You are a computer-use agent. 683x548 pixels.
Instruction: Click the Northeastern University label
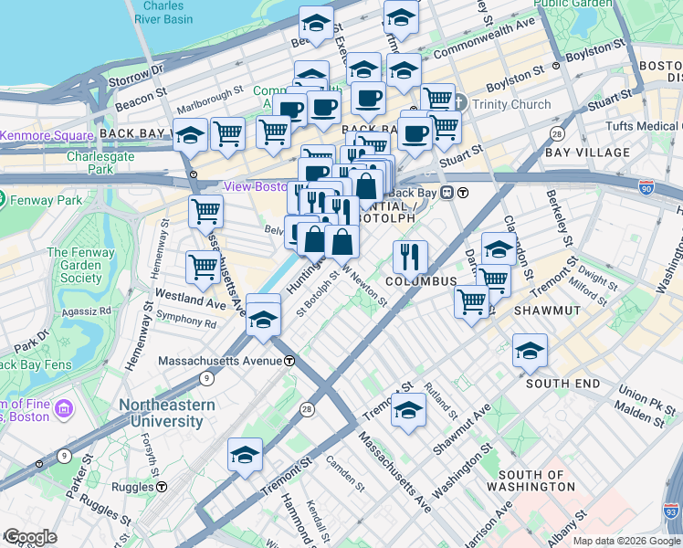pos(165,413)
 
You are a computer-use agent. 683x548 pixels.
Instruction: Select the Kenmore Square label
pos(47,135)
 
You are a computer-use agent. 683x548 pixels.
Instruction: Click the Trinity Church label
pos(511,104)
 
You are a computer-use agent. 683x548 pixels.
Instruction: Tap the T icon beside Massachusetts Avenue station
pos(289,361)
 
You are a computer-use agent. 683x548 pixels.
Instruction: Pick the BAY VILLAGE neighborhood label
pos(587,153)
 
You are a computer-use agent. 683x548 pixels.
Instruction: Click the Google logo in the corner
pos(29,537)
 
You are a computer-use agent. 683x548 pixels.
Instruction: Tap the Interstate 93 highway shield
pos(672,513)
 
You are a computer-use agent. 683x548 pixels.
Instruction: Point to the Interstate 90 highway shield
pos(646,188)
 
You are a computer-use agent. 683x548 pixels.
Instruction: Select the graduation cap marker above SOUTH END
pos(531,352)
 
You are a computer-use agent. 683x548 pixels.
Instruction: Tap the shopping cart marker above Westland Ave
pos(203,268)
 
